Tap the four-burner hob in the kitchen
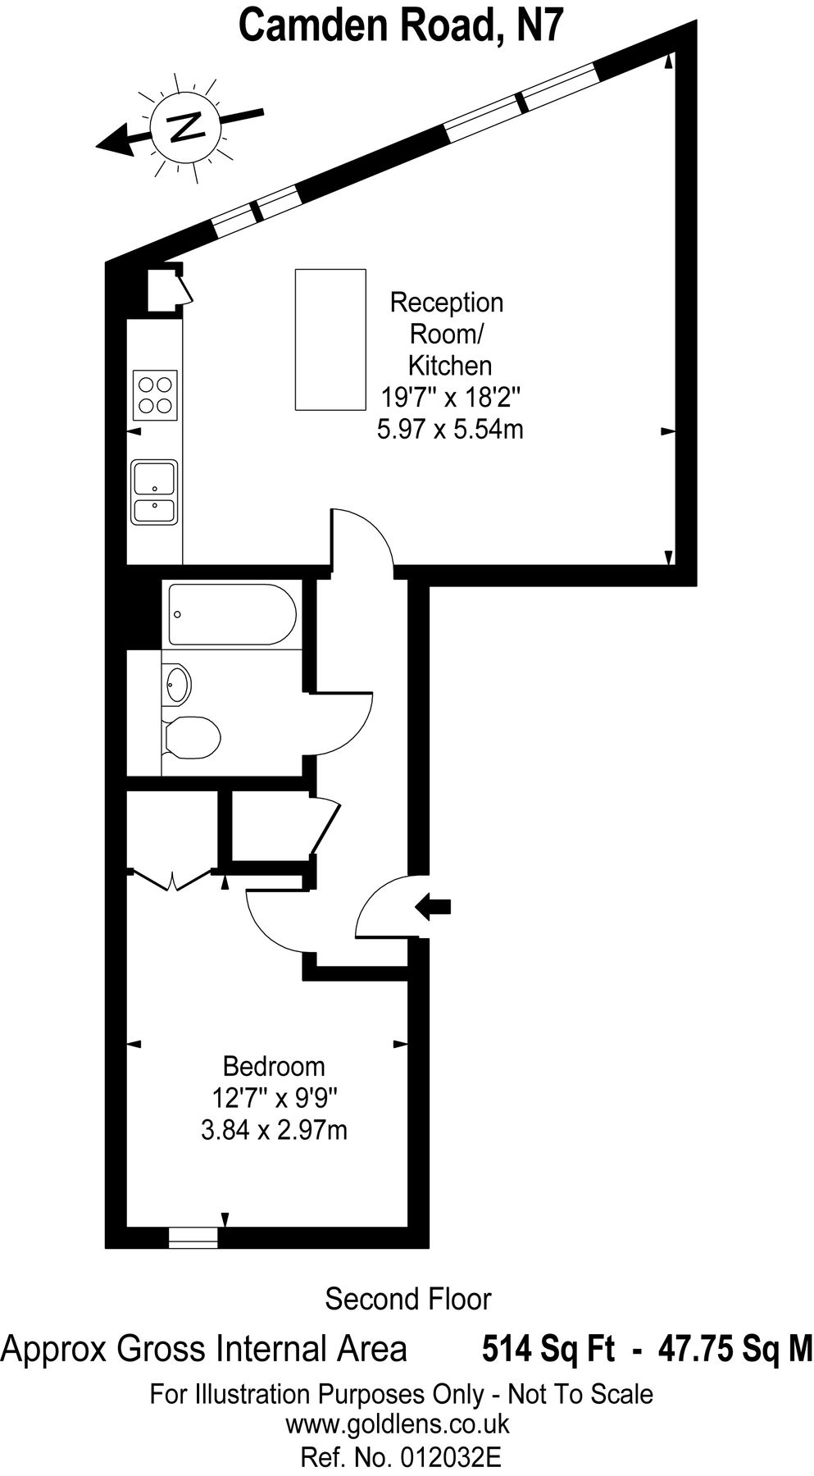click(156, 396)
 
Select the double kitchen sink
click(154, 491)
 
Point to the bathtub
click(232, 615)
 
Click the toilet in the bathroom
click(192, 736)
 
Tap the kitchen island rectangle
click(330, 339)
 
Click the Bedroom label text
click(274, 1066)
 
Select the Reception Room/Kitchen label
click(448, 333)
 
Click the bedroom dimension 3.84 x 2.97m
click(274, 1131)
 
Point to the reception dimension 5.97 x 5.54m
click(450, 428)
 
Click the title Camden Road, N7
click(402, 25)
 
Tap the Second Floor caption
click(407, 1299)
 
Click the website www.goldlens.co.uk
click(398, 1424)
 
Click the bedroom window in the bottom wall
click(193, 1237)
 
